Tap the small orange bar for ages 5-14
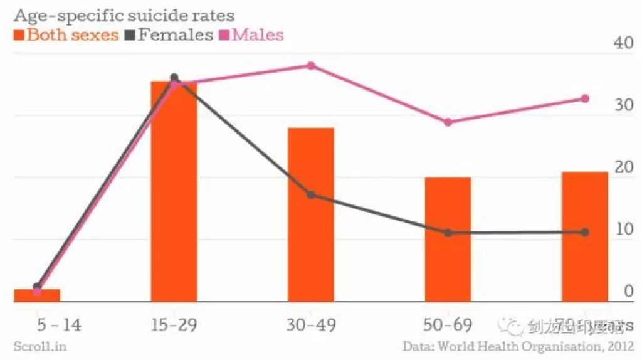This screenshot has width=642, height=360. [x=37, y=295]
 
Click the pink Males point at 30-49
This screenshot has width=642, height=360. [x=311, y=66]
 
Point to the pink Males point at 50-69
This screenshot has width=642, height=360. [x=448, y=122]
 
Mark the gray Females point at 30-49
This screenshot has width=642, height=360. [x=311, y=195]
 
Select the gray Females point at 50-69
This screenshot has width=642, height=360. [x=448, y=233]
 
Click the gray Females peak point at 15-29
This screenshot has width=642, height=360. [x=174, y=78]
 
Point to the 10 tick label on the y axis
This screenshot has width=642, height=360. [x=623, y=230]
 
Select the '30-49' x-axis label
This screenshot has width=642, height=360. [x=310, y=325]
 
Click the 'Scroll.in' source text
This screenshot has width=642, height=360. [x=39, y=346]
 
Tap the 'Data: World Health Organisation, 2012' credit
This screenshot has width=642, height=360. [x=518, y=346]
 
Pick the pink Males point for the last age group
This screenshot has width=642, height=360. [x=584, y=98]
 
